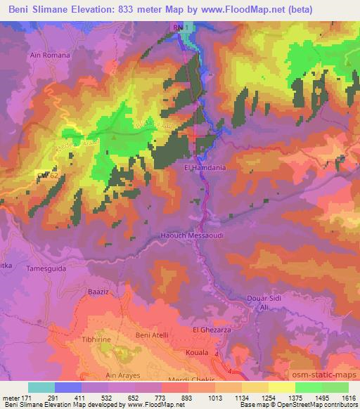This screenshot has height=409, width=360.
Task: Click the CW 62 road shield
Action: (x=47, y=175)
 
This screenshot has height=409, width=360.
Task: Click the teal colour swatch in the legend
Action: (x=41, y=387)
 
